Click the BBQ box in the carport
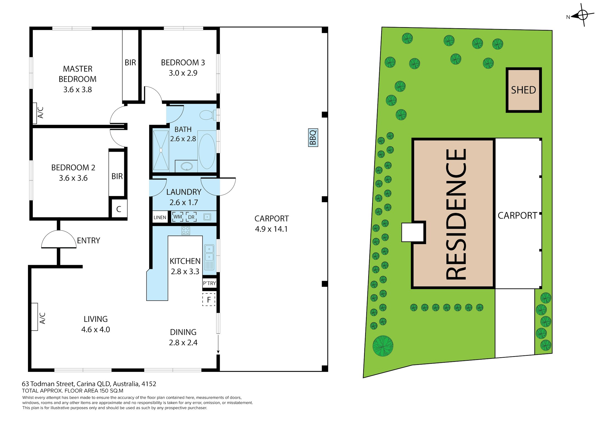(x=313, y=137)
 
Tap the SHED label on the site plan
(x=523, y=90)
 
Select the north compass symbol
(x=582, y=15)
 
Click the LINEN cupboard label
(x=160, y=217)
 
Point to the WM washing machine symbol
(x=178, y=217)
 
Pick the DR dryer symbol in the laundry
(x=191, y=217)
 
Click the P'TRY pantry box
(x=209, y=283)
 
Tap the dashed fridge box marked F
(x=209, y=299)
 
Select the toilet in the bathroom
(x=208, y=115)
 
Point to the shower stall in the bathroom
(x=161, y=150)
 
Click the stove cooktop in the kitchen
(x=186, y=230)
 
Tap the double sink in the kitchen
(x=209, y=257)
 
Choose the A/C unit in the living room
(x=35, y=317)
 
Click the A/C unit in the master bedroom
(x=35, y=113)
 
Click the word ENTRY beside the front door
(x=88, y=240)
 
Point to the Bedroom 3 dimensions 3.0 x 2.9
(x=183, y=73)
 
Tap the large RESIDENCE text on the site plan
(x=456, y=214)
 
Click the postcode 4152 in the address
(x=149, y=384)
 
